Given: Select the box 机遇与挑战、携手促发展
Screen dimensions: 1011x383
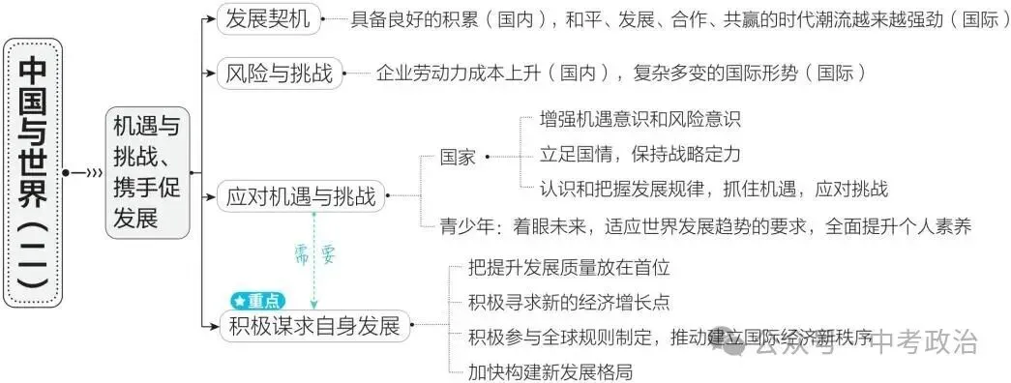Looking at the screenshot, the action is point(146,171).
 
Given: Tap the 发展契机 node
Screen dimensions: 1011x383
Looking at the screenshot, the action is point(264,17).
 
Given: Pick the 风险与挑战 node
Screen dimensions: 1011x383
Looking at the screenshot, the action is point(278,73).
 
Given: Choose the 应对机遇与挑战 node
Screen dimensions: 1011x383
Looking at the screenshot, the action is point(300,197).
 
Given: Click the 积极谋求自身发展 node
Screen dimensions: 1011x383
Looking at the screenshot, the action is point(315,325).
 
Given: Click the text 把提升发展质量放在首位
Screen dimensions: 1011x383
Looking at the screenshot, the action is point(569,267).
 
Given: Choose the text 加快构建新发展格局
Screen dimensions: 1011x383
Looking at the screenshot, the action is point(550,370).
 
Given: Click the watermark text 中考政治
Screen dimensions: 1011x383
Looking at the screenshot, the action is point(925,341).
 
